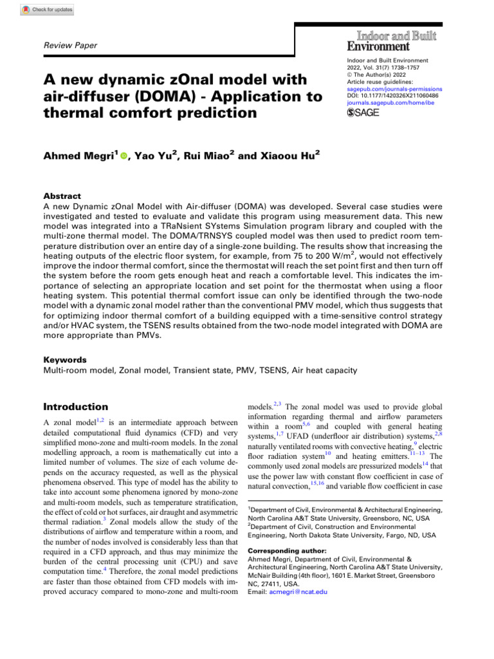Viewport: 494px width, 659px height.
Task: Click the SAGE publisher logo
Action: (x=363, y=113)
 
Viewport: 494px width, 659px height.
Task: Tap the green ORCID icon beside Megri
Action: (x=123, y=156)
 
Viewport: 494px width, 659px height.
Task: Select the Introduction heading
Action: (x=76, y=407)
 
